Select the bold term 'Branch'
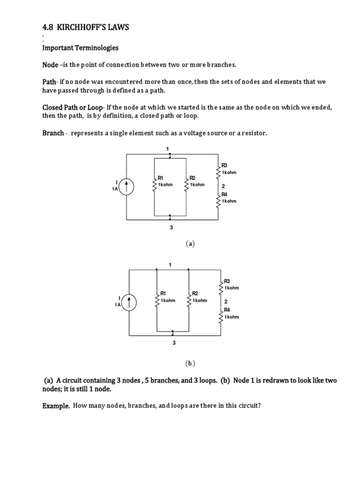[x=53, y=133]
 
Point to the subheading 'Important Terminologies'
[x=80, y=48]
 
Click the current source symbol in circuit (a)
[x=127, y=187]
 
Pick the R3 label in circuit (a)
[x=224, y=165]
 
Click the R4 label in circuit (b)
[x=227, y=310]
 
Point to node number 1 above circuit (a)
[x=167, y=149]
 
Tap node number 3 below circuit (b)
[x=173, y=343]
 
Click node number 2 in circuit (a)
[x=224, y=186]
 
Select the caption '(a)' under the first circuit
[x=190, y=243]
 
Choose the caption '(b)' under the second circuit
[x=190, y=363]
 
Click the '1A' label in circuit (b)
[x=117, y=305]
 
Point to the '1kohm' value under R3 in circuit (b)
[x=232, y=287]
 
